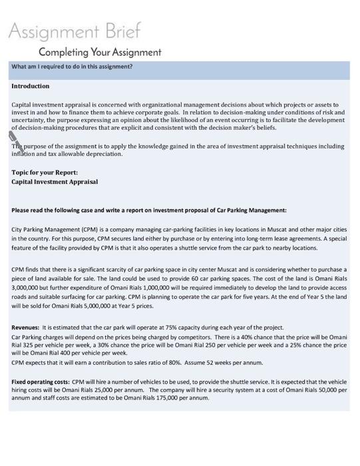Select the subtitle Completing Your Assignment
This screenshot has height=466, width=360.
tap(100, 52)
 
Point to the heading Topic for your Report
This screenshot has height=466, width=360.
tap(49, 172)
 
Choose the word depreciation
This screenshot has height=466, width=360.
tap(102, 154)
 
